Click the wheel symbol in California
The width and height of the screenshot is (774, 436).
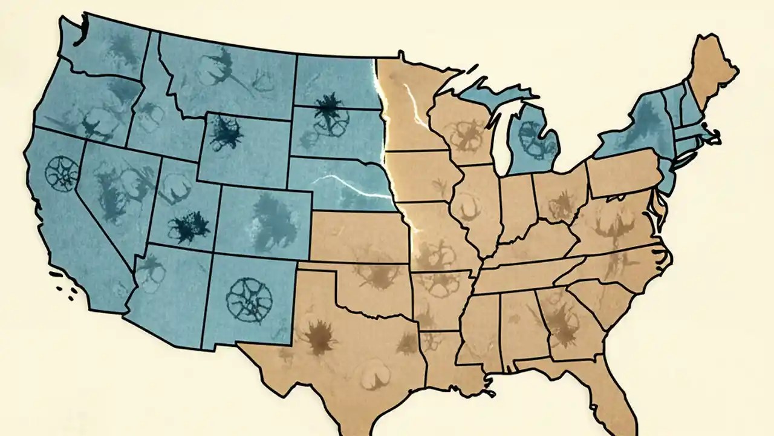63,171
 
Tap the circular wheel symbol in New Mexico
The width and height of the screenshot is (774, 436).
249,299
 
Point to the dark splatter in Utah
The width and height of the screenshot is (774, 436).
189,227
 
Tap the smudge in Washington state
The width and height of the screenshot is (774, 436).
122,46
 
